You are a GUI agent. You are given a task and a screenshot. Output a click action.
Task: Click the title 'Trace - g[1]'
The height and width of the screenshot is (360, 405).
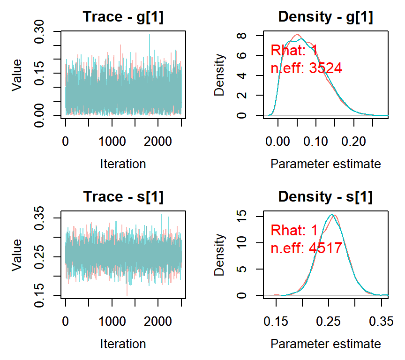(123, 17)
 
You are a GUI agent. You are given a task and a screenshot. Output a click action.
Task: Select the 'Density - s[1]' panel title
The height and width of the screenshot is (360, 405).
(325, 197)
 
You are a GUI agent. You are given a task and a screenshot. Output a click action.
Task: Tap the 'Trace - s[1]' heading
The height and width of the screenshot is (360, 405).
(123, 197)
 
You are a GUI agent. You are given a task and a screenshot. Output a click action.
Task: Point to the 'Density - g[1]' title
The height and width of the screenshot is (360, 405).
(325, 17)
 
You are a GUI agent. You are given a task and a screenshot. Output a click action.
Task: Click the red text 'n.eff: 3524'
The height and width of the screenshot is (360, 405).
(307, 68)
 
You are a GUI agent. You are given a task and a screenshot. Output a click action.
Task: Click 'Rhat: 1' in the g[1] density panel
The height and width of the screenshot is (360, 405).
(294, 50)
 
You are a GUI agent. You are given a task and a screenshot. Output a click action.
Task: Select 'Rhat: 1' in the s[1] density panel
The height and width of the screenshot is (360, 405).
(294, 230)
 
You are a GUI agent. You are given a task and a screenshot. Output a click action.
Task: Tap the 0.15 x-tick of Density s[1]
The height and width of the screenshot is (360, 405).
(276, 322)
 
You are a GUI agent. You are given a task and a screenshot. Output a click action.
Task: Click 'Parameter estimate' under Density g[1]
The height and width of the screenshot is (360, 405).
(325, 164)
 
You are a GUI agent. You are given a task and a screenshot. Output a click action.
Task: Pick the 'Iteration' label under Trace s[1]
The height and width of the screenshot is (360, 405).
(123, 344)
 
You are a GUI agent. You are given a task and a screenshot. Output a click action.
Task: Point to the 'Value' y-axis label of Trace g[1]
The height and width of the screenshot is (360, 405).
(17, 74)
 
